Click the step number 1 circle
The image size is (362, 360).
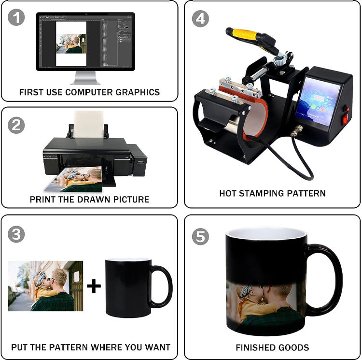[16, 19]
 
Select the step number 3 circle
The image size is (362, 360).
[16, 234]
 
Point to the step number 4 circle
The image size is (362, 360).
[200, 19]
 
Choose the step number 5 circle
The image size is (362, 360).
[200, 236]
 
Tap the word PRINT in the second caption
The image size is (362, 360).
[42, 199]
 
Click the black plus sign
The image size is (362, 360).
[94, 286]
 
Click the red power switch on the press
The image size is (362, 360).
[346, 112]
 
